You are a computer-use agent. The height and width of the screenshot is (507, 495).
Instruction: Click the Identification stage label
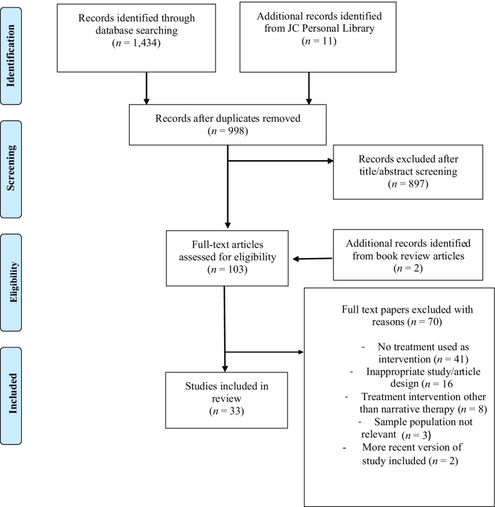point(11,56)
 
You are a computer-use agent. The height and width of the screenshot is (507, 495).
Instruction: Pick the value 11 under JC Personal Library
point(327,41)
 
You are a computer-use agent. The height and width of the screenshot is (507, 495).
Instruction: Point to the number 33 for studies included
point(235,411)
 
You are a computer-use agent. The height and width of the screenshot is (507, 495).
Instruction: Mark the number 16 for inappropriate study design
point(447,384)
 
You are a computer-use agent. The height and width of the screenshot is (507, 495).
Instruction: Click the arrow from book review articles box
point(312,259)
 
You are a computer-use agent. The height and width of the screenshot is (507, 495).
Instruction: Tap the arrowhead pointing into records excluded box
point(330,161)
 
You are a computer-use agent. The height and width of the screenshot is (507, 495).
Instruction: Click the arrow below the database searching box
point(146,88)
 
